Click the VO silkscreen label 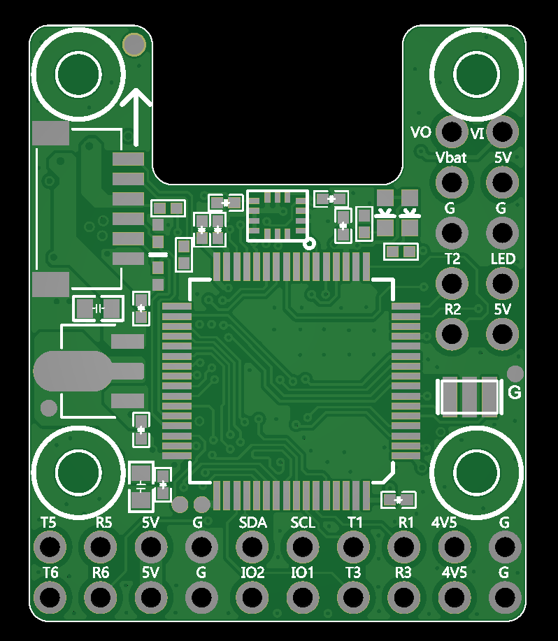coord(420,132)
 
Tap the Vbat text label coord(451,158)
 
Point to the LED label coord(503,259)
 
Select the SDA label coord(252,523)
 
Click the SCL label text coord(303,523)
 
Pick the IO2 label coord(252,572)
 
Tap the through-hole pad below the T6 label coord(50,597)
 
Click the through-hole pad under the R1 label coord(404,547)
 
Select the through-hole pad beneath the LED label coord(502,283)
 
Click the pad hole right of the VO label coord(452,131)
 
